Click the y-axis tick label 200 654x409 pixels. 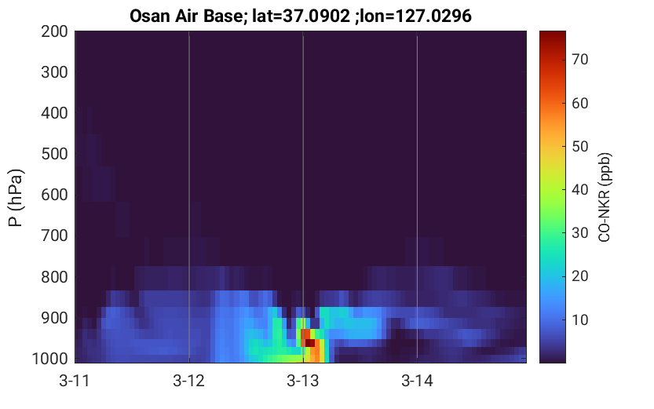point(54,31)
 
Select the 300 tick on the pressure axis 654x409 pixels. point(54,72)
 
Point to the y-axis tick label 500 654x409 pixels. point(54,154)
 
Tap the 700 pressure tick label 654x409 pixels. point(54,236)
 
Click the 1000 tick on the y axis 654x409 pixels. point(50,358)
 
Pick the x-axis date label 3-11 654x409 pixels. point(75,381)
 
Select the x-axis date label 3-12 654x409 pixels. point(189,381)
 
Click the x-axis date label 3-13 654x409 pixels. point(303,381)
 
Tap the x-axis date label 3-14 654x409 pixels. point(417,381)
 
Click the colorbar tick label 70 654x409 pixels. point(579,60)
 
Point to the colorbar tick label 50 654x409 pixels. point(579,146)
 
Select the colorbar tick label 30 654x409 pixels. point(579,232)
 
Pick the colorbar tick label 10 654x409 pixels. point(579,320)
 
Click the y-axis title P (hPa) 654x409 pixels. point(16,198)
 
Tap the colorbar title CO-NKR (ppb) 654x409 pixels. point(605,197)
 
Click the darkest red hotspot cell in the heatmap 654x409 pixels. point(310,343)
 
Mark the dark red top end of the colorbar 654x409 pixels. point(552,35)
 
